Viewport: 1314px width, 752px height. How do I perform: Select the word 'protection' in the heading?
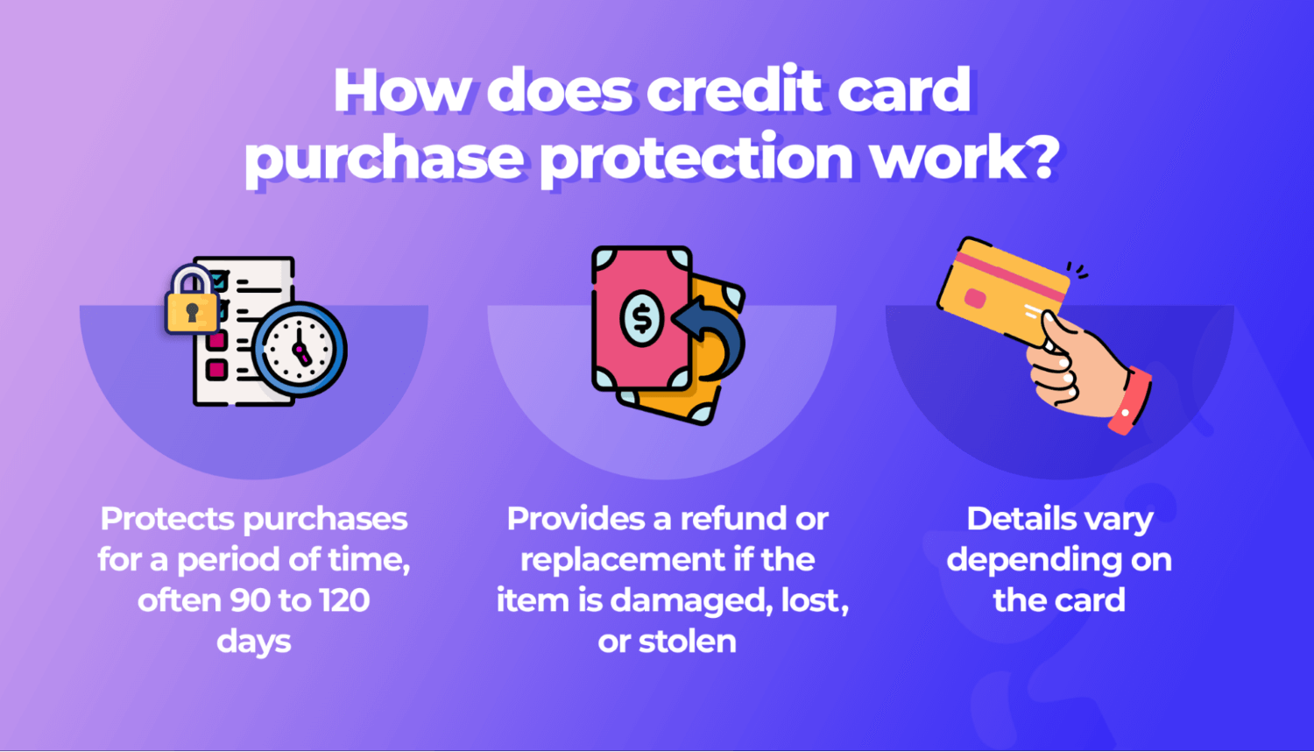point(696,158)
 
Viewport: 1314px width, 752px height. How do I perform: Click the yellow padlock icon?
point(192,302)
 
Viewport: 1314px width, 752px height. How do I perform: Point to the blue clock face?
point(300,349)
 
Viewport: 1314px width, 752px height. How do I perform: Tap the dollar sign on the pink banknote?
point(642,317)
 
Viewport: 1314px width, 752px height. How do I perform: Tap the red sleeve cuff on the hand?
point(1131,401)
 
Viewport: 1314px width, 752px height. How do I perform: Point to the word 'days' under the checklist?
point(253,642)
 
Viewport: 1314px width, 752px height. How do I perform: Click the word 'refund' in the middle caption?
point(733,519)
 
